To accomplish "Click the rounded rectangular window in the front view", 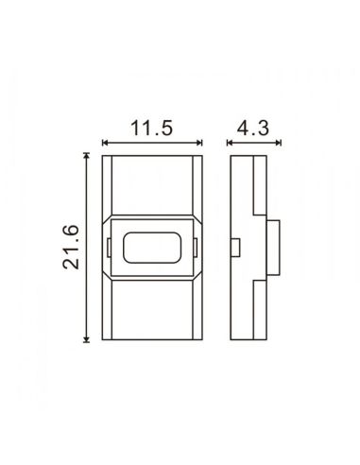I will [x=154, y=247].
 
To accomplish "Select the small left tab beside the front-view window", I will [x=111, y=247].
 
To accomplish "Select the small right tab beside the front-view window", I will [x=197, y=247].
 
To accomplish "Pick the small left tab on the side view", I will [x=236, y=248].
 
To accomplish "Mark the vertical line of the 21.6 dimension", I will [x=87, y=284].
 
